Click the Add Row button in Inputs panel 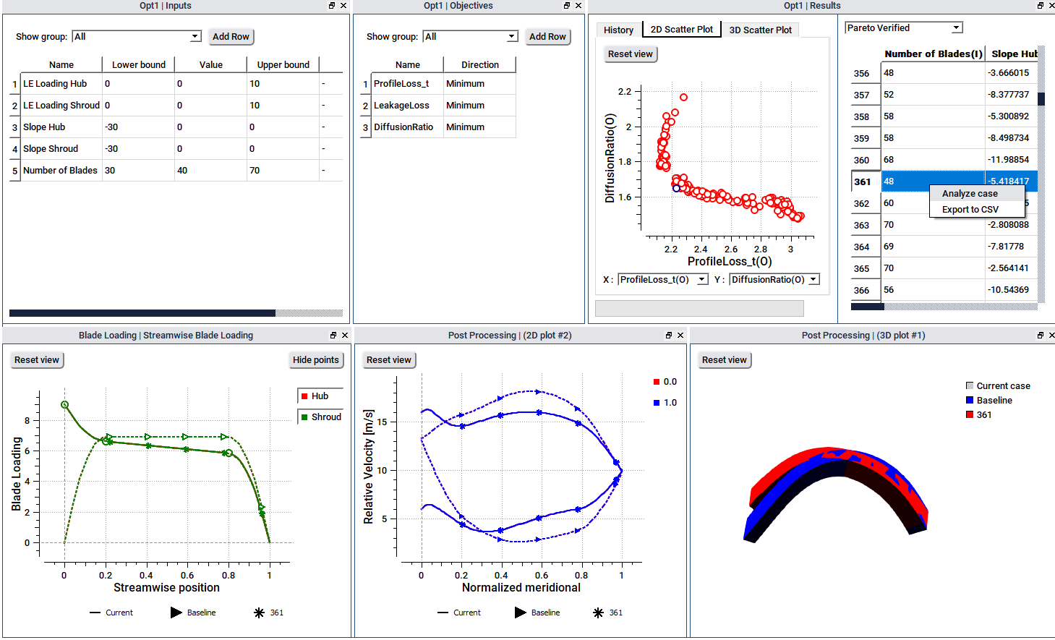coord(231,37)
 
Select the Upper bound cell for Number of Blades coord(283,171)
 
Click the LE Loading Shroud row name coord(61,106)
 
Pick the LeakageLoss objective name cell coord(402,106)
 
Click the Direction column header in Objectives coord(479,65)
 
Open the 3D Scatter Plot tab coord(760,30)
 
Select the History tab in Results coord(618,30)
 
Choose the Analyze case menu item coord(970,194)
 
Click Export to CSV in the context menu coord(970,210)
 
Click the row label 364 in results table coord(861,247)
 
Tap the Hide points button coord(316,360)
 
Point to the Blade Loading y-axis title coord(17,474)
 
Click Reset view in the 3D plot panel coord(724,360)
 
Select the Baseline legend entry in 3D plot coord(994,401)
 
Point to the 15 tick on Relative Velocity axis coord(383,422)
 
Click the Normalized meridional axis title coord(521,588)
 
